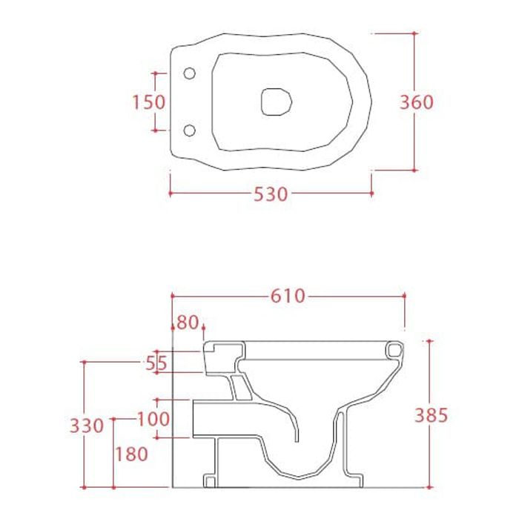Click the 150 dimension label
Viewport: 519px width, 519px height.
(x=148, y=102)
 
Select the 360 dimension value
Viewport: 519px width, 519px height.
(x=417, y=102)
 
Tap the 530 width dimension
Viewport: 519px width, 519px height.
(x=271, y=194)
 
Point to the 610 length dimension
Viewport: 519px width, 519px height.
(x=288, y=296)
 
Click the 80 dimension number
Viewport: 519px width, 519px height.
(x=188, y=323)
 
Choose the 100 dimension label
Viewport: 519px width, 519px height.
(x=153, y=419)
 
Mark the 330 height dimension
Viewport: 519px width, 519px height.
(x=87, y=426)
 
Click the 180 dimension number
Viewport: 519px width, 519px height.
(x=131, y=454)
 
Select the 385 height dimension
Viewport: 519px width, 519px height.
(x=432, y=415)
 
